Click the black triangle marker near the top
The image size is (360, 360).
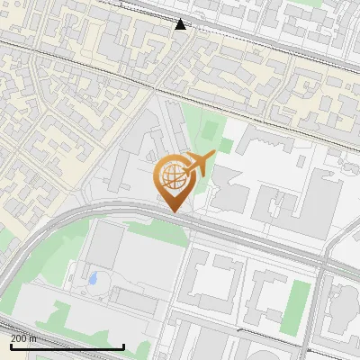coord(181,24)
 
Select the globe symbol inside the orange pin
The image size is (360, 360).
coord(171,177)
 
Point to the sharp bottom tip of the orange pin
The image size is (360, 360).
coord(173,212)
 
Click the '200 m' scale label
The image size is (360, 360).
coord(23,338)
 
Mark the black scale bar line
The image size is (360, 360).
coord(67,346)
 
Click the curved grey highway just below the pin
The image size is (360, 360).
coord(135,211)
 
